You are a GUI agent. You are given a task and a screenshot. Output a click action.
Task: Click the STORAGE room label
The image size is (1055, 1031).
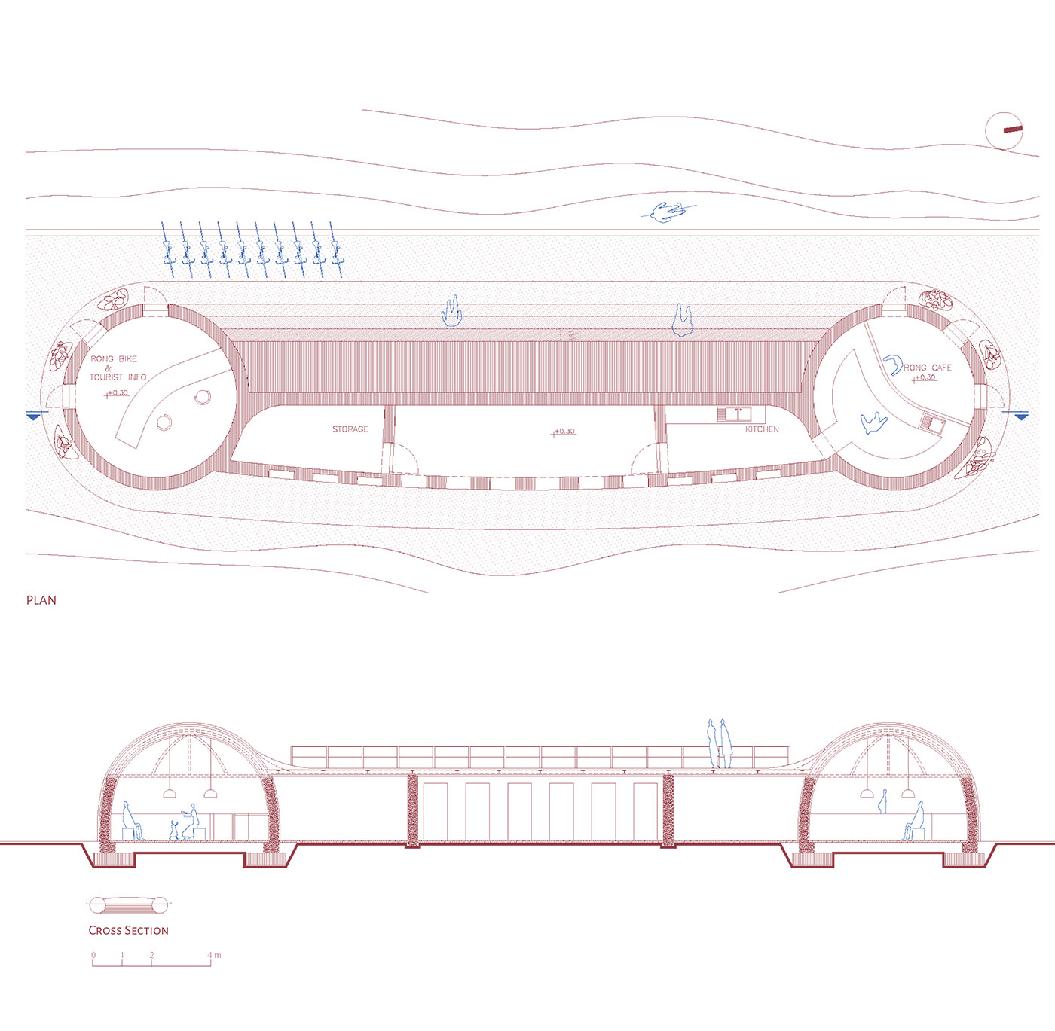350,429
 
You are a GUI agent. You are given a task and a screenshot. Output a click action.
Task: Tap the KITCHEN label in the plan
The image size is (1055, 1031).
762,429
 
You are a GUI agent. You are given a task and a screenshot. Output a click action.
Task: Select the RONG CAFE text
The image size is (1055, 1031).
928,368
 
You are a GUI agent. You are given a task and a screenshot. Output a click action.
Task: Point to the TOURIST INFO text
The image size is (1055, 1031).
118,377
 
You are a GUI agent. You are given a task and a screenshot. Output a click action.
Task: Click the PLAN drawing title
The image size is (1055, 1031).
41,600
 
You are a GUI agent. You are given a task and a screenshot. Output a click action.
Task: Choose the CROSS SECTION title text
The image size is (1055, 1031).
129,931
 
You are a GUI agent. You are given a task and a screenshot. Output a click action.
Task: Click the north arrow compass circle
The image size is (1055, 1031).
1004,130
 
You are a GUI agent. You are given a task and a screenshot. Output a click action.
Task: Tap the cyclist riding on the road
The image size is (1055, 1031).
669,212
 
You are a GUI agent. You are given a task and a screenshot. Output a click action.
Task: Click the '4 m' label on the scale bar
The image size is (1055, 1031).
214,955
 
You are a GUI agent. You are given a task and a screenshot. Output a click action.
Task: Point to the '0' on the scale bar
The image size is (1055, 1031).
93,955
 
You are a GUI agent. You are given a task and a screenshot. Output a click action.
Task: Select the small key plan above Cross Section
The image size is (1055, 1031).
129,904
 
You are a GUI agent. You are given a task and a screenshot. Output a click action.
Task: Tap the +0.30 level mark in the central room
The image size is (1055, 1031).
564,432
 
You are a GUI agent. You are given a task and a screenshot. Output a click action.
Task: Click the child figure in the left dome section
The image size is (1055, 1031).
173,830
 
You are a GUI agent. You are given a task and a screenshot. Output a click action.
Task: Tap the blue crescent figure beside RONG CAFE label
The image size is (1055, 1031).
892,364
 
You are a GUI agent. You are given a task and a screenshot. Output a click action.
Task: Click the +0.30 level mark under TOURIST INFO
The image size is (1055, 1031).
117,393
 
